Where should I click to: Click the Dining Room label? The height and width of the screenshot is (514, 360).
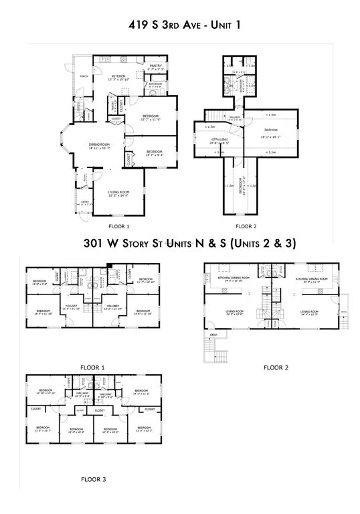point(98,145)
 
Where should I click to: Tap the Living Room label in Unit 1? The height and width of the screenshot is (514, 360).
point(118,193)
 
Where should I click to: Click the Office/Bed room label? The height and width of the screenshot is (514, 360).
point(219,141)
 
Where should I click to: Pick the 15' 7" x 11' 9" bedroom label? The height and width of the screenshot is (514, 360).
point(153,118)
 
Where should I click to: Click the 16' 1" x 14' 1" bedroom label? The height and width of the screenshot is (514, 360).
point(270,131)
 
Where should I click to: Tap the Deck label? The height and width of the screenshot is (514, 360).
point(213,334)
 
